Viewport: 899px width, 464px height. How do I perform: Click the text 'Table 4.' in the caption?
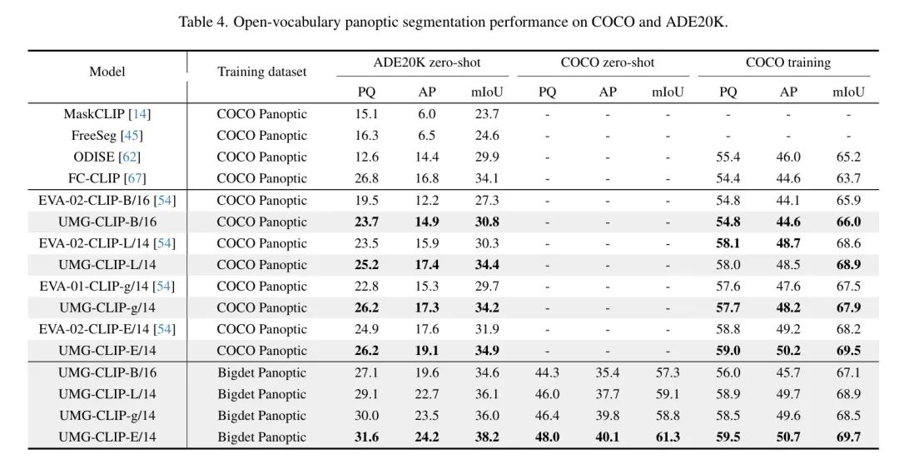[x=204, y=22]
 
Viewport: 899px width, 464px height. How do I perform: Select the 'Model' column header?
[x=107, y=72]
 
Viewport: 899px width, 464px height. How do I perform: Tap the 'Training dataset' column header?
[x=262, y=72]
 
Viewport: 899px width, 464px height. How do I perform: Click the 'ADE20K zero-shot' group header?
[x=427, y=62]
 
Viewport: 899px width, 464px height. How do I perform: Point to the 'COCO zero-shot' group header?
[x=607, y=62]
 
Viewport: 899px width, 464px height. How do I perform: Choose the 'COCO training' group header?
[x=787, y=62]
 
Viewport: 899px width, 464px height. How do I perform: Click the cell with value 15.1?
[x=366, y=114]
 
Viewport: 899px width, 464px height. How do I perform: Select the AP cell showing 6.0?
[x=426, y=114]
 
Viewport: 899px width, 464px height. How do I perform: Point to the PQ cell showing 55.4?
[x=728, y=157]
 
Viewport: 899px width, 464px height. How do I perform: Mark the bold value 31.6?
[x=366, y=437]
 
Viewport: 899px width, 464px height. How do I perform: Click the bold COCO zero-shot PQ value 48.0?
[x=547, y=437]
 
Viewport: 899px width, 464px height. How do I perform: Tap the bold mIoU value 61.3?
[x=668, y=437]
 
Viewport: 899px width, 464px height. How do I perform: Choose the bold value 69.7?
[x=848, y=437]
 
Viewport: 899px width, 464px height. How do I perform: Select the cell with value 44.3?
[x=547, y=373]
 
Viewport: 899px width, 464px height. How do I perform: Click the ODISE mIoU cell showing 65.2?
[x=848, y=157]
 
